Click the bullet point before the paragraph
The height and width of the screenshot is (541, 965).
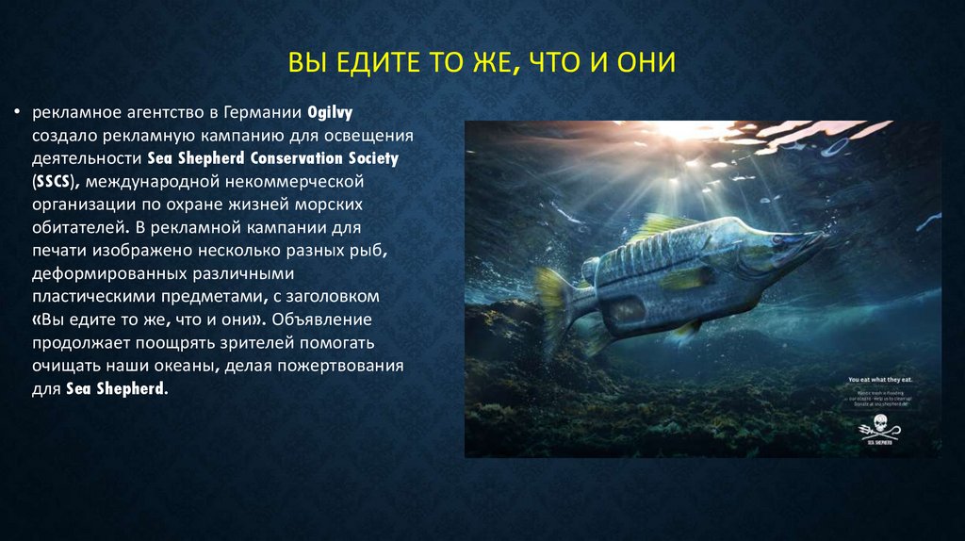tap(16, 113)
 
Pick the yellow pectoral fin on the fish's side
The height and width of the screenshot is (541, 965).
tap(686, 277)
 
